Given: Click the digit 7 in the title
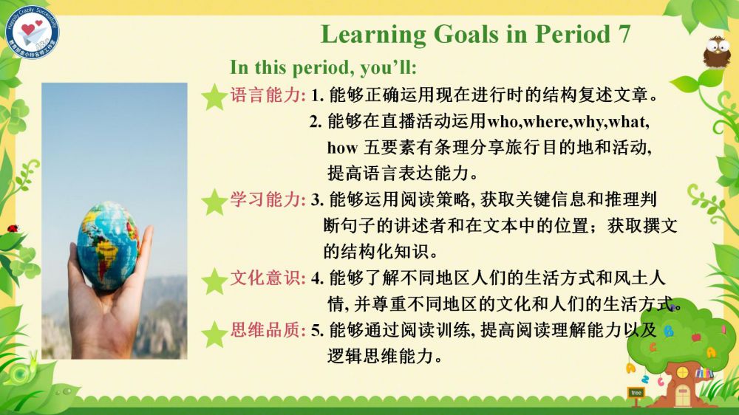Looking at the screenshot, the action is pyautogui.click(x=624, y=34).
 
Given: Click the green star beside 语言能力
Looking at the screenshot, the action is pyautogui.click(x=214, y=97).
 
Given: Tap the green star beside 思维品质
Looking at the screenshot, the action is pyautogui.click(x=214, y=334).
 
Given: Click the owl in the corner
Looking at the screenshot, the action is pyautogui.click(x=717, y=52).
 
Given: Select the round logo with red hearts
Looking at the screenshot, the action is pyautogui.click(x=32, y=32).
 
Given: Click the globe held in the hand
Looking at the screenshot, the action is pyautogui.click(x=107, y=245).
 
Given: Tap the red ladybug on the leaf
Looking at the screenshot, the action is pyautogui.click(x=13, y=228).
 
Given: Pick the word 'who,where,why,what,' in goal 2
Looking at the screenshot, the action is pyautogui.click(x=568, y=122).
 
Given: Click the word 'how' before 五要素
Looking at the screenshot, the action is pyautogui.click(x=342, y=148).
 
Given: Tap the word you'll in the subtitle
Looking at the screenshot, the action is pyautogui.click(x=389, y=68).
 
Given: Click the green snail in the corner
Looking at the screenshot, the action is pyautogui.click(x=24, y=372).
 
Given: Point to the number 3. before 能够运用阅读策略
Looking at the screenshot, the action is pyautogui.click(x=317, y=200).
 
